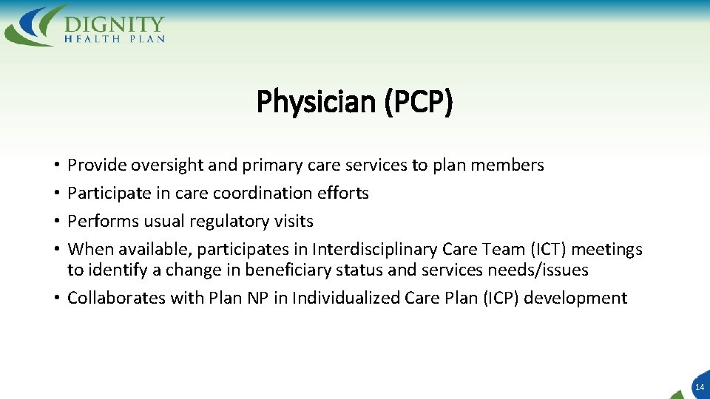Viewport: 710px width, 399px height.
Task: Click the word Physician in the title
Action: tap(316, 102)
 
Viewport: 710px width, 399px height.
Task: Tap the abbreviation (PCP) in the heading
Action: tap(418, 102)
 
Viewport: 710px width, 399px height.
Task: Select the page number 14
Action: tap(700, 386)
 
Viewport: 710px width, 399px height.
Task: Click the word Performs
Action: tap(100, 221)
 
